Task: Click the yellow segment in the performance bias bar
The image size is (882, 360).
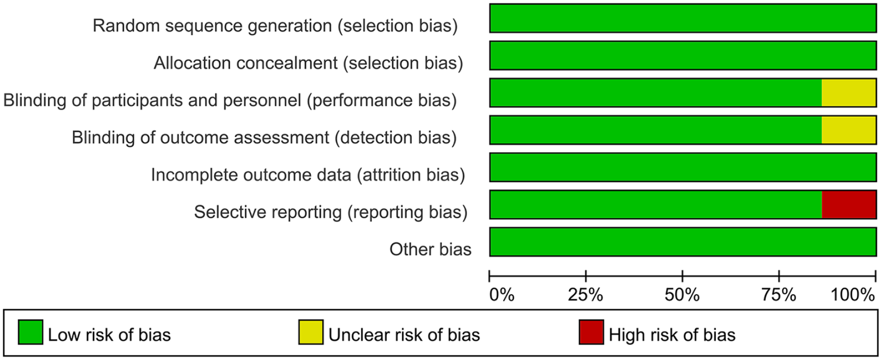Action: [x=849, y=93]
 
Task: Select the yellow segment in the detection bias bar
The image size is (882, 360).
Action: [x=849, y=130]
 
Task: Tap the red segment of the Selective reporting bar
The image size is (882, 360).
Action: [x=849, y=204]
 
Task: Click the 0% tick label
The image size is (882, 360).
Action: [x=502, y=294]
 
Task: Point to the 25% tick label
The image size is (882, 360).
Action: [x=585, y=294]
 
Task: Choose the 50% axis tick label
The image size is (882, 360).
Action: [x=682, y=294]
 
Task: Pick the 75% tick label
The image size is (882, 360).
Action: [x=779, y=294]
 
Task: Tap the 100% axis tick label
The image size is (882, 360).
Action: [x=853, y=294]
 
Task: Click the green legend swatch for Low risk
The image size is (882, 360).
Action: [x=30, y=332]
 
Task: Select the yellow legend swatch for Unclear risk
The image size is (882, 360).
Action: [x=311, y=332]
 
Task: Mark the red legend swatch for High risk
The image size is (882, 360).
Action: [x=591, y=332]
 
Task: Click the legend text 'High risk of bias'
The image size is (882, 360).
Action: [x=672, y=335]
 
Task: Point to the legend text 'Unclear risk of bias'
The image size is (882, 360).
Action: [x=404, y=335]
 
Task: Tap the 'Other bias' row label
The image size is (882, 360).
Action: [x=430, y=249]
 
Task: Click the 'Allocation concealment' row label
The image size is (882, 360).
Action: [x=309, y=63]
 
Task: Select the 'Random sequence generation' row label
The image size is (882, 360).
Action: [x=275, y=26]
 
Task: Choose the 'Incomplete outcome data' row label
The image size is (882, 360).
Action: [x=308, y=175]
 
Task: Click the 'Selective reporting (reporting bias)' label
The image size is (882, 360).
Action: [x=331, y=212]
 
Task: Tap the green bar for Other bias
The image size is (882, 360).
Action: [x=683, y=242]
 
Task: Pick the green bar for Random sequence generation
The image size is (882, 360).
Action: [x=683, y=18]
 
